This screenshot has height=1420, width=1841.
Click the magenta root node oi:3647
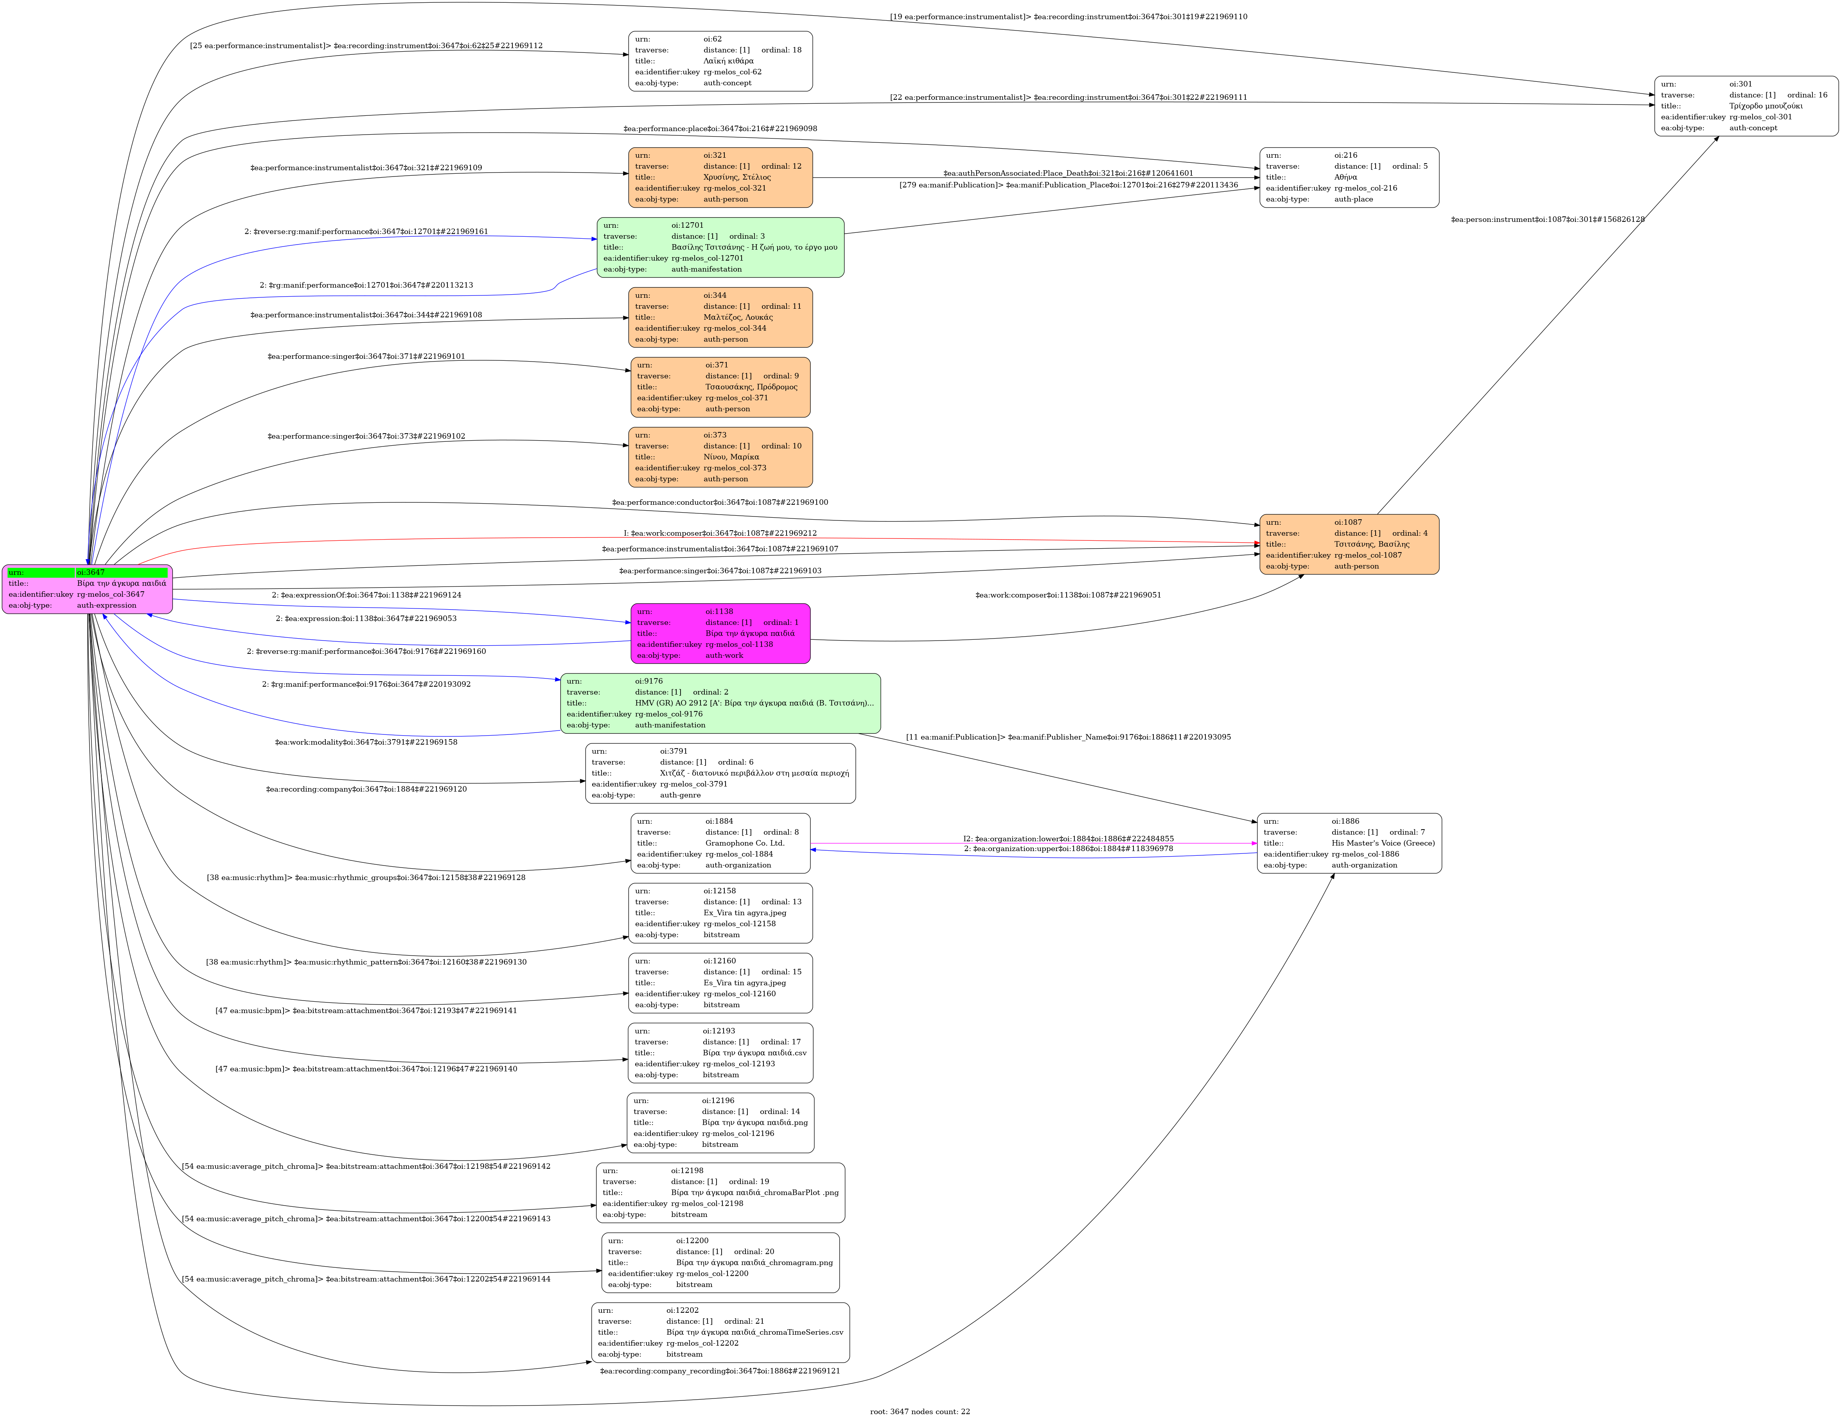click(x=88, y=589)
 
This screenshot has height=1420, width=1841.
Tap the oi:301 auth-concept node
click(x=1746, y=105)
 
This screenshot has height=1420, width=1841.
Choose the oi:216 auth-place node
click(x=1349, y=177)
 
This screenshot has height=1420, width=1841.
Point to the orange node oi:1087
click(x=1349, y=544)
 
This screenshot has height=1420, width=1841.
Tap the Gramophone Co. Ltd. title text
click(x=744, y=842)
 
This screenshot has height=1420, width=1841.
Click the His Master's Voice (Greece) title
click(x=1383, y=842)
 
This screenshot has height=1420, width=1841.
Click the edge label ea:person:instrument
click(x=1547, y=219)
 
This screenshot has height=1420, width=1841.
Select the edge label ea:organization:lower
click(x=1068, y=838)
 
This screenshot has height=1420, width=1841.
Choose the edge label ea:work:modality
click(x=366, y=742)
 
